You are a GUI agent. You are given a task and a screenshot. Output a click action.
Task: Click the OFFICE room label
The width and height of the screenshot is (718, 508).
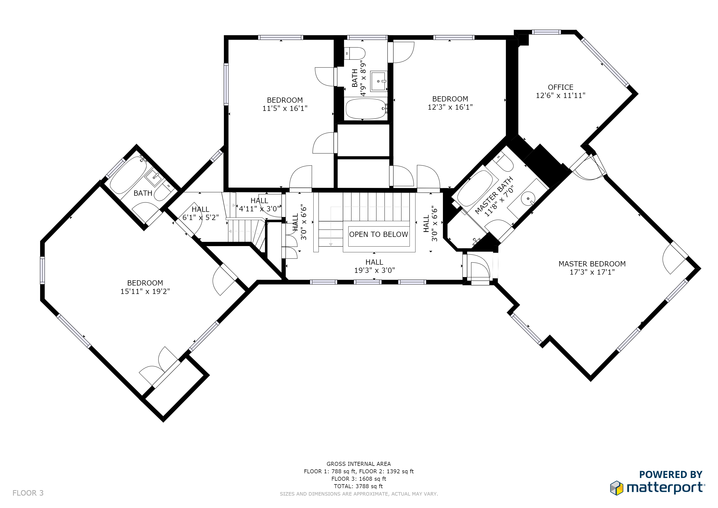pos(560,87)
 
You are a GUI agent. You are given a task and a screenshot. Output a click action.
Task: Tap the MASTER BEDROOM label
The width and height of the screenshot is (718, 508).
pos(592,264)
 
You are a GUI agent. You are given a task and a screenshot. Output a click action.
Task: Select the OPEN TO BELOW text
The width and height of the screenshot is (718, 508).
pos(378,235)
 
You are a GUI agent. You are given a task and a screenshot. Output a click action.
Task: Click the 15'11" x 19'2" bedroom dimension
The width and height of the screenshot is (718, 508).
pos(145,291)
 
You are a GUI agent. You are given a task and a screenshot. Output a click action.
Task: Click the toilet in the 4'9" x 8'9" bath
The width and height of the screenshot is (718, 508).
pos(355,54)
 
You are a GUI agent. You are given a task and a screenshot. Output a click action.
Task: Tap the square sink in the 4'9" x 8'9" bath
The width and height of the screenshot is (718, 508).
pos(378,81)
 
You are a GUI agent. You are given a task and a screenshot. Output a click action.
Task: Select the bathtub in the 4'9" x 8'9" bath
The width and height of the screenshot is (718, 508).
pos(366,109)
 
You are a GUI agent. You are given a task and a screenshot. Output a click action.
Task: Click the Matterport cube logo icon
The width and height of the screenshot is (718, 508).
pos(616,488)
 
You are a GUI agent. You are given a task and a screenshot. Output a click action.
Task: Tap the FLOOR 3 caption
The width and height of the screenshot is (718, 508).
pos(28,493)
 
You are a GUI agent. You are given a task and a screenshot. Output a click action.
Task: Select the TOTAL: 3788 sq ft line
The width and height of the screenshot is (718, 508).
pos(358,486)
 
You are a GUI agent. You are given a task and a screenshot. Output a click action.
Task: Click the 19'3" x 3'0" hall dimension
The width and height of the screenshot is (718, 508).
pos(374,270)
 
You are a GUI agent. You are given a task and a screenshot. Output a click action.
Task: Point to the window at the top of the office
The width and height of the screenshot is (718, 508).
pos(546,32)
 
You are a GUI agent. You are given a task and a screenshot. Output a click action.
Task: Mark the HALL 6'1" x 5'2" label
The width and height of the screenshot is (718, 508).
pos(201,213)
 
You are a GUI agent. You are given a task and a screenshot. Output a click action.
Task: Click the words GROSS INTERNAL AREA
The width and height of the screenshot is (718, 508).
pos(359,464)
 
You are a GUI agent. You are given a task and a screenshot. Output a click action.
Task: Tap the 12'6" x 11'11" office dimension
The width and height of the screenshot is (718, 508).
pos(560,96)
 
